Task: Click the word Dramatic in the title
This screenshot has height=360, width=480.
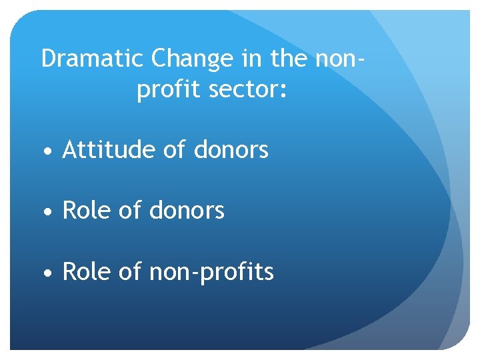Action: click(x=92, y=59)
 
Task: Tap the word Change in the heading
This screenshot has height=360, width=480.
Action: click(x=192, y=59)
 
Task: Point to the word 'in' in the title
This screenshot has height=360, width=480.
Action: click(x=251, y=59)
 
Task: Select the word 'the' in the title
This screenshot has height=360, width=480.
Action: click(x=288, y=59)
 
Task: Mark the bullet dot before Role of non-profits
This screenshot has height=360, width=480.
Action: click(x=47, y=273)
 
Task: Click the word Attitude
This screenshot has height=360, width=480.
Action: click(x=109, y=150)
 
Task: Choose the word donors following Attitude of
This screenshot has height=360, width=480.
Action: click(x=231, y=150)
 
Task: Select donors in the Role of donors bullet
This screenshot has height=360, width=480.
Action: click(x=187, y=211)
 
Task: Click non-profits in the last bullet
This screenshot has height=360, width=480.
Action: click(x=212, y=271)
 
